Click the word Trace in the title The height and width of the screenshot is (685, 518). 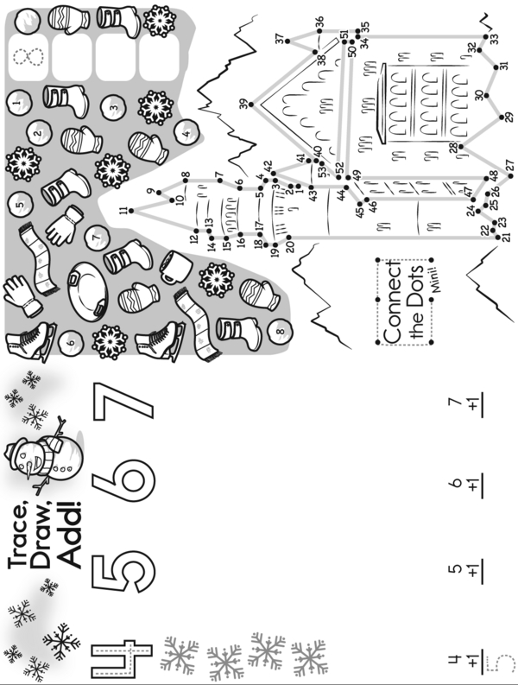click(x=23, y=540)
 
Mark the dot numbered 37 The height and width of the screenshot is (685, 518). click(x=289, y=38)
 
